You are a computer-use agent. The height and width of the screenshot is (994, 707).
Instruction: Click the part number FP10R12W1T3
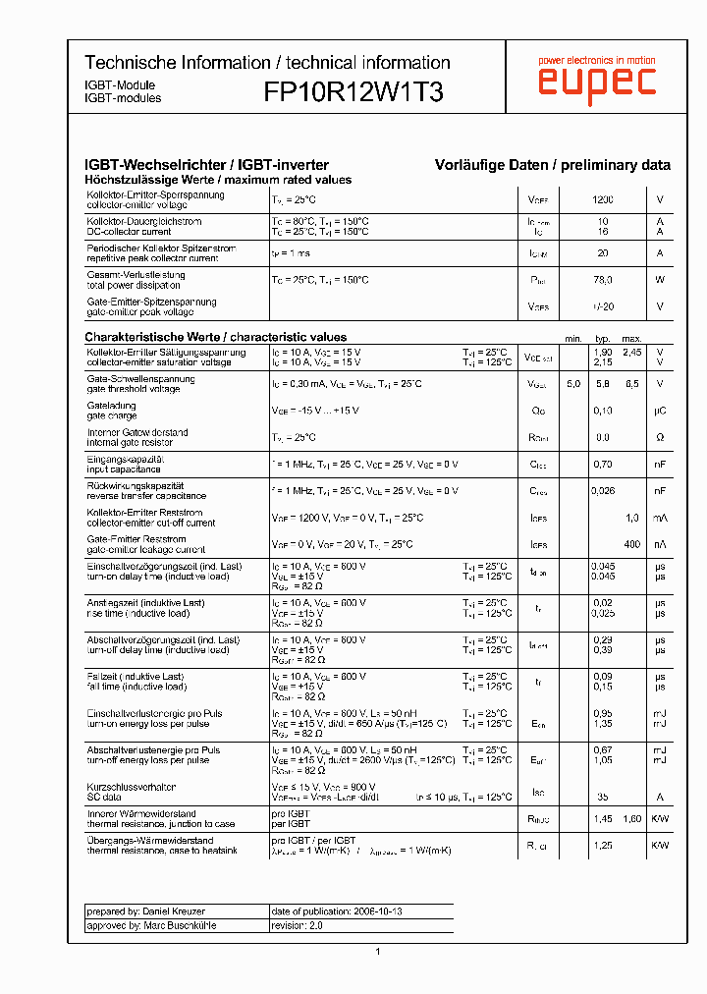pos(353,92)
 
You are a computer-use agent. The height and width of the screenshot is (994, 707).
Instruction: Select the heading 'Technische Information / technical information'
pos(267,62)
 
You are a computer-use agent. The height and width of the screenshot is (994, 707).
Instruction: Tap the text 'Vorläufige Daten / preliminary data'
pos(553,165)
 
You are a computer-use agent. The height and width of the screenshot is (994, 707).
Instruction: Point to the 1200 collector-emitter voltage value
pos(603,200)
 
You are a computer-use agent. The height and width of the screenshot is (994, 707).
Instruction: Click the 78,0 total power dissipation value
pos(603,280)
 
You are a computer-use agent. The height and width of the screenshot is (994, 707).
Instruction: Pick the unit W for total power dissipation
pos(660,280)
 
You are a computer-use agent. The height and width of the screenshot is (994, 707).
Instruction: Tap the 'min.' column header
pos(573,339)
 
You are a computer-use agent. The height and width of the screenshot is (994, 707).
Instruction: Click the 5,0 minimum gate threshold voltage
pos(573,384)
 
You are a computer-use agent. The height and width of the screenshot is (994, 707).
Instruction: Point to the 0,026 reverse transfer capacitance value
pos(604,490)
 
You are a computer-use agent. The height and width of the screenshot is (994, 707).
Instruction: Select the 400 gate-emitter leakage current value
pos(631,544)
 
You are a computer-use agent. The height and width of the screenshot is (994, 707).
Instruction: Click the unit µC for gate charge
pos(660,411)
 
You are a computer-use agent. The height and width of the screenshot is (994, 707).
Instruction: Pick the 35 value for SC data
pos(603,798)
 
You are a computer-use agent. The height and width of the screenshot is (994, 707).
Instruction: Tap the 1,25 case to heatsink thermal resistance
pos(604,846)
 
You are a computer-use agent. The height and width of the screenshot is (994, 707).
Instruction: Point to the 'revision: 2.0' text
pos(297,925)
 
